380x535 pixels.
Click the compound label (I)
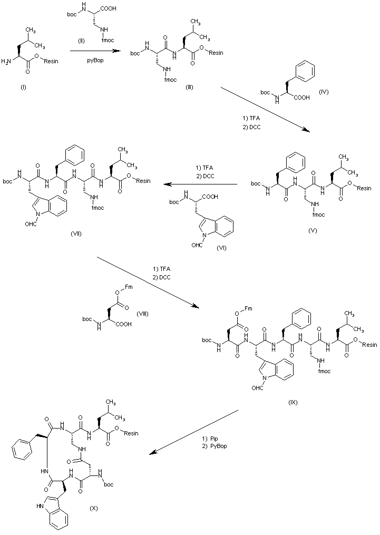coord(23,86)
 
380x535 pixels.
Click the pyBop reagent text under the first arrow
coord(95,61)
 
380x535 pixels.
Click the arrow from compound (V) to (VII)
coord(200,184)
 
